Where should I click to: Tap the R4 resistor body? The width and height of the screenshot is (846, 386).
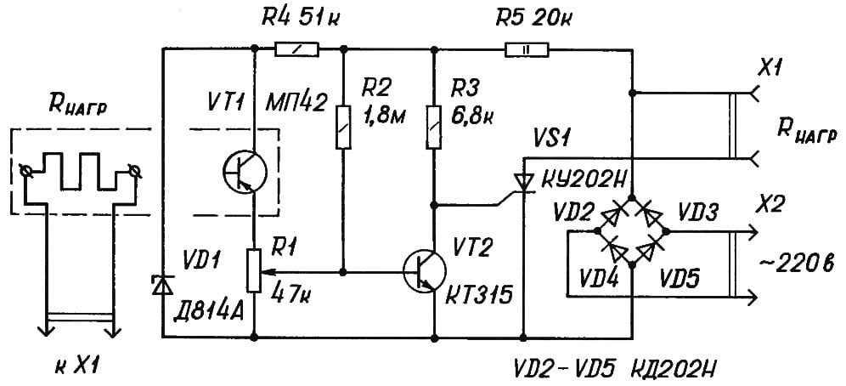(x=297, y=49)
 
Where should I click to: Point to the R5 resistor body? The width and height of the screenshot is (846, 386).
(x=527, y=49)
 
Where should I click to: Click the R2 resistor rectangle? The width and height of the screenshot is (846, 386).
(x=343, y=126)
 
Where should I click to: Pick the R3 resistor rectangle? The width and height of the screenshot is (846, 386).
(x=434, y=126)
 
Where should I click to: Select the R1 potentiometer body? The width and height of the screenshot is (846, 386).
(x=254, y=270)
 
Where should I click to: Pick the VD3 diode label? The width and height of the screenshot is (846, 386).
(x=697, y=213)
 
